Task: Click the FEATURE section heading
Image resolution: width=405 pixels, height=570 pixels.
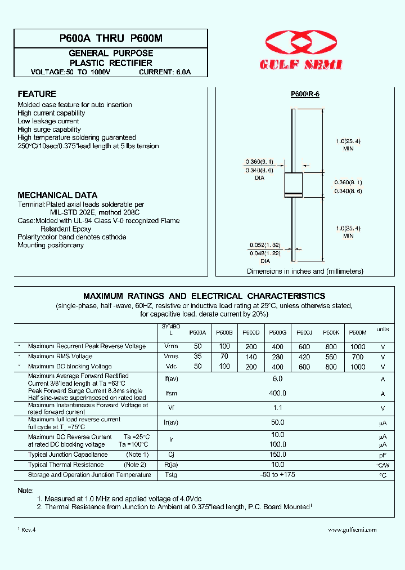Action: coord(37,94)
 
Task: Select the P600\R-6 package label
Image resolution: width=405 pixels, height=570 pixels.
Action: coord(305,94)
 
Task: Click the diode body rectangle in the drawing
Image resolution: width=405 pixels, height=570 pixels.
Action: coord(293,185)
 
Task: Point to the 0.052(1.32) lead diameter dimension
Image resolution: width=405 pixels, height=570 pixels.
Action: coord(265,245)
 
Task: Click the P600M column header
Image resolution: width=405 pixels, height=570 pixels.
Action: coord(357,333)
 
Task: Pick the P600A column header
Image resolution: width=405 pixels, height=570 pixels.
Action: coord(197,333)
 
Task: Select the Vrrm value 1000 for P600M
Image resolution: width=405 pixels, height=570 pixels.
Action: coord(357,346)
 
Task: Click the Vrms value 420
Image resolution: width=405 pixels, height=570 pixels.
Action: coord(304,357)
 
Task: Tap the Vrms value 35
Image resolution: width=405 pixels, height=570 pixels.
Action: coord(197,357)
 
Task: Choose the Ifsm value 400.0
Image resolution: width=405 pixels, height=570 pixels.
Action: coord(277,394)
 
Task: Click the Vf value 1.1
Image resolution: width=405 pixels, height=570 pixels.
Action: coord(277,408)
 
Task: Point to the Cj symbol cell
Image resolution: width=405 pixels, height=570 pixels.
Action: coord(170,455)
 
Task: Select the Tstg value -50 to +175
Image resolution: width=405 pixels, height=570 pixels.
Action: coord(277,475)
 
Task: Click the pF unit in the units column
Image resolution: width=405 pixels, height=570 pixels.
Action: coord(382,455)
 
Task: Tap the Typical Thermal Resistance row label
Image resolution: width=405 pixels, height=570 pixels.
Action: coord(66,465)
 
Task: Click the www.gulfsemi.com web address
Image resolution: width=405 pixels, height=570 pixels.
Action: coord(352,529)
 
